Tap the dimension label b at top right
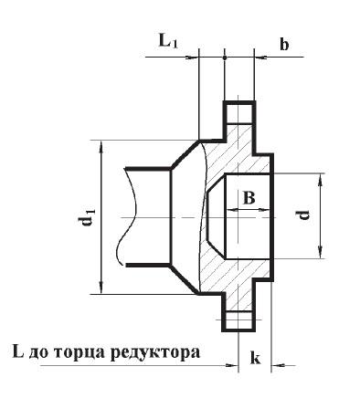[x=284, y=44]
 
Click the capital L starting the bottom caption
[x=17, y=350]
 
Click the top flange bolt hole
[x=239, y=114]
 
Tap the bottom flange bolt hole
[x=239, y=321]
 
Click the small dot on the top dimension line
[x=225, y=57]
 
